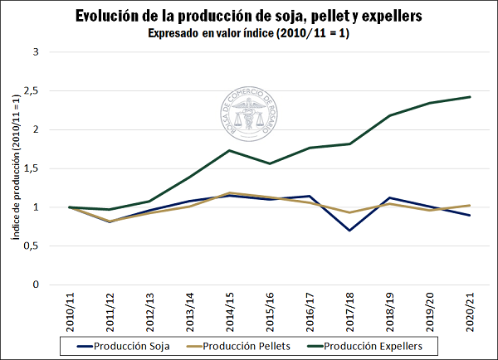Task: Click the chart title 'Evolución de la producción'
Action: tap(249, 16)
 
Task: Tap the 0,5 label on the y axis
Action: tap(32, 246)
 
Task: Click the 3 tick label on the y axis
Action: tap(36, 51)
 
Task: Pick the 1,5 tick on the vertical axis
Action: tap(33, 168)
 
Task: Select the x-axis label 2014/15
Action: tap(229, 309)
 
